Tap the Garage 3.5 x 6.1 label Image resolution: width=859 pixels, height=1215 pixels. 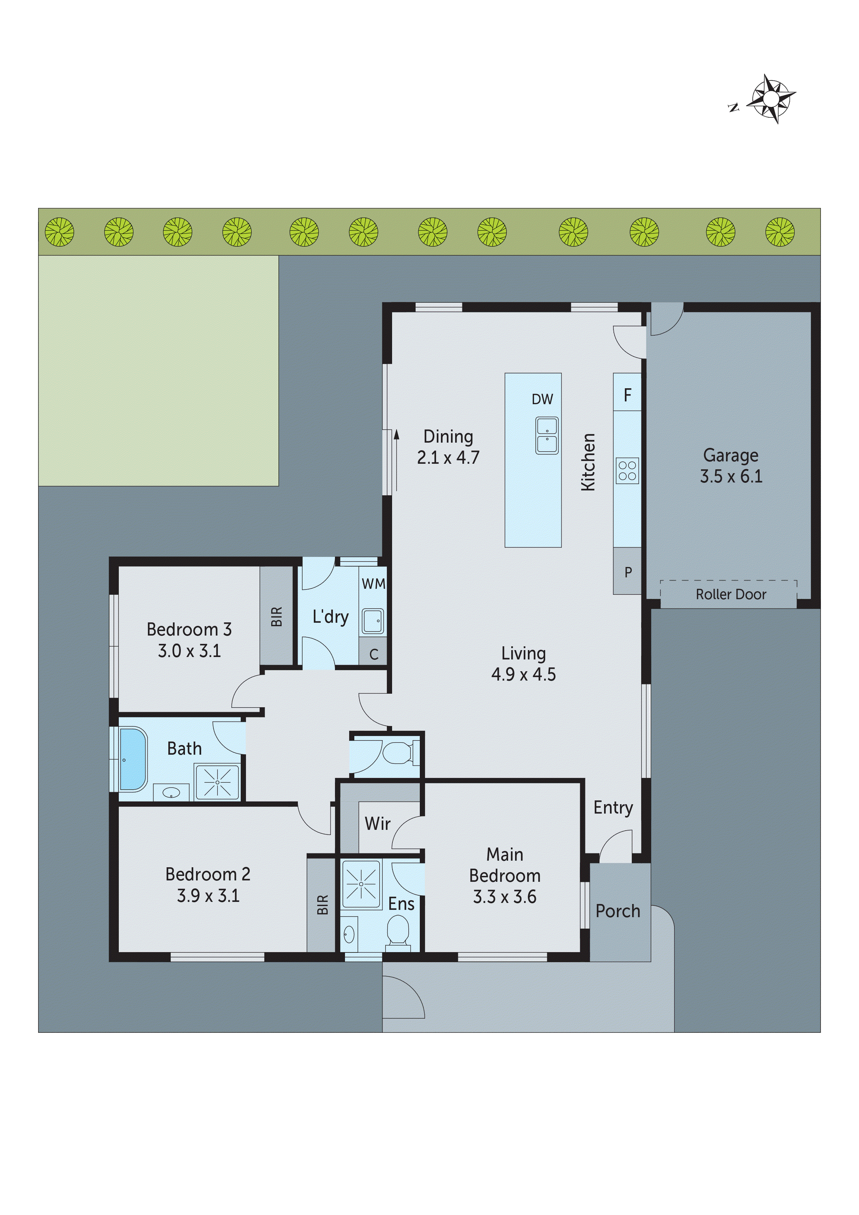click(730, 466)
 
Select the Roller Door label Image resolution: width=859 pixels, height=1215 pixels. click(730, 594)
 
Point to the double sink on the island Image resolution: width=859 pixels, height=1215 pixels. click(547, 435)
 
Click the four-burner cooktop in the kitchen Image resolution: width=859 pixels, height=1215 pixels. click(627, 470)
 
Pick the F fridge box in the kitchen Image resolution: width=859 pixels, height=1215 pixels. click(627, 395)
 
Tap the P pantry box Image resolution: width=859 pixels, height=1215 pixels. click(628, 572)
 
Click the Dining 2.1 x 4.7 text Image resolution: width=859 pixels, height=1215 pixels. click(448, 447)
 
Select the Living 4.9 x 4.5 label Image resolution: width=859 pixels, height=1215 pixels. click(523, 664)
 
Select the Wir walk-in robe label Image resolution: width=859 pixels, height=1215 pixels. click(377, 824)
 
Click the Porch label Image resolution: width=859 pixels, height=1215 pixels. click(618, 911)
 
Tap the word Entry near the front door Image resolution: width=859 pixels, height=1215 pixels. click(613, 808)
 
